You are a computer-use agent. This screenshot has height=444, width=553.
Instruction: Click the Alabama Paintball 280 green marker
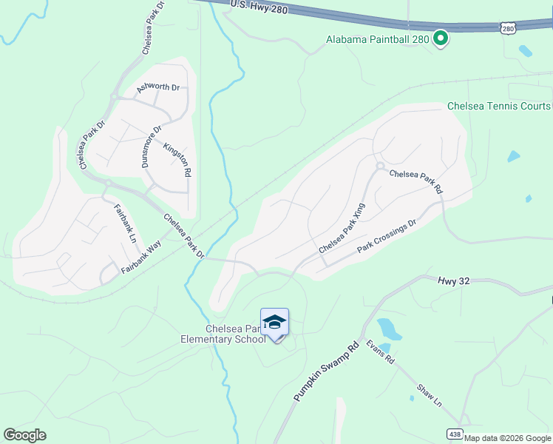441,37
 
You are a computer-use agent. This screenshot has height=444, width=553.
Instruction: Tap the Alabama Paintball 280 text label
377,39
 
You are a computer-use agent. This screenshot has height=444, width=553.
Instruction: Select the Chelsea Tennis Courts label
499,106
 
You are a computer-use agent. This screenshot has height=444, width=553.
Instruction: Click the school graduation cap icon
274,323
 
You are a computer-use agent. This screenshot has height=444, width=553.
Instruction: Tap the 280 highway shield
507,28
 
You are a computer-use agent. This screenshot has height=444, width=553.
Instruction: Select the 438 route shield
455,433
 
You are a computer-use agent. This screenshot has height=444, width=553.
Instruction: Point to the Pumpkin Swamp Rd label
326,371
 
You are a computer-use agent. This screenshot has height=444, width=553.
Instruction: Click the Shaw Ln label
429,395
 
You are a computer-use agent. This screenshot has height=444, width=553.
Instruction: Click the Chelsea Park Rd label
415,181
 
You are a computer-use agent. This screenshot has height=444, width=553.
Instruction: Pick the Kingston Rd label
177,160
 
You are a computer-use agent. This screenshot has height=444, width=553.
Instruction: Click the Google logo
25,435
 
